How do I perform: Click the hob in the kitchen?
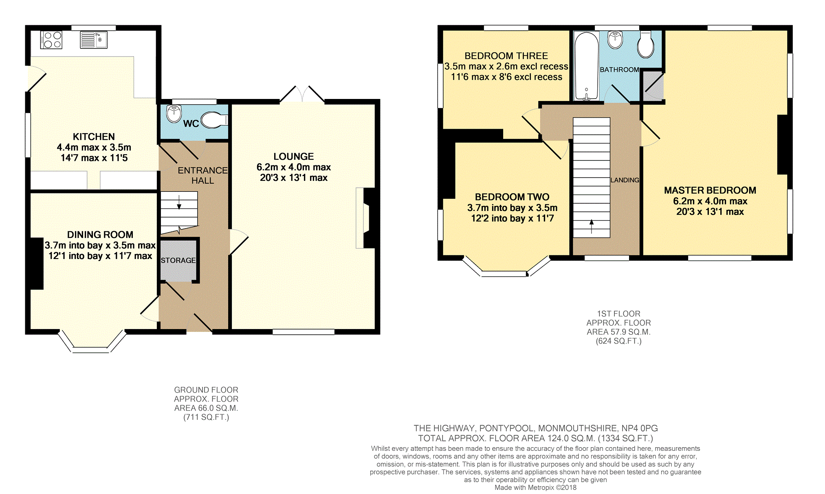pyautogui.click(x=51, y=40)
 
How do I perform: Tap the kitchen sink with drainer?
pyautogui.click(x=93, y=40)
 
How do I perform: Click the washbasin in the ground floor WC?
pyautogui.click(x=174, y=114)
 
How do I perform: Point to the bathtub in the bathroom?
pyautogui.click(x=586, y=66)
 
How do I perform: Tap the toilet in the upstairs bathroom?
pyautogui.click(x=646, y=44)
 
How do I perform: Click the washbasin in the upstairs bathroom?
pyautogui.click(x=615, y=40)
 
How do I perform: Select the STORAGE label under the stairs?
pyautogui.click(x=178, y=260)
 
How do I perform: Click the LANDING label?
pyautogui.click(x=625, y=180)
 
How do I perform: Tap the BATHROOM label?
pyautogui.click(x=619, y=70)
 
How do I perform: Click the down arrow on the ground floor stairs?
pyautogui.click(x=179, y=202)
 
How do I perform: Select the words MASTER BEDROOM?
pyautogui.click(x=710, y=190)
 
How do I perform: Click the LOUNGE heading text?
pyautogui.click(x=294, y=156)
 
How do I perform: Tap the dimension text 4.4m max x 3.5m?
pyautogui.click(x=94, y=147)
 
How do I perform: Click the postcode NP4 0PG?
pyautogui.click(x=640, y=428)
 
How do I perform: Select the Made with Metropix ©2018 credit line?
pyautogui.click(x=535, y=487)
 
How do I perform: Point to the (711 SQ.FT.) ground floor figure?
pyautogui.click(x=206, y=417)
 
